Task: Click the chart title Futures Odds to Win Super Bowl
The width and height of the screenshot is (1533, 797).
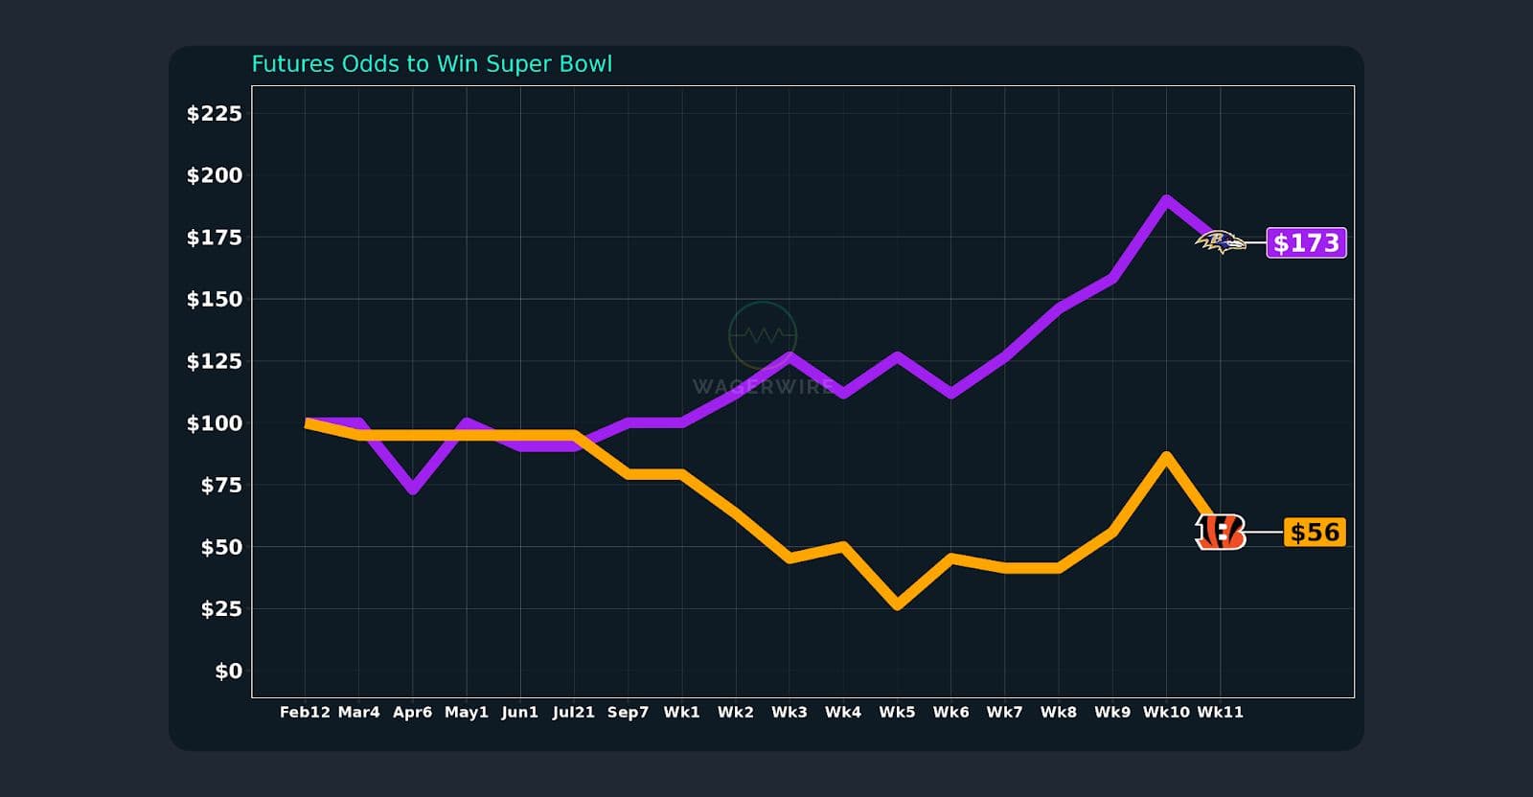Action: (431, 64)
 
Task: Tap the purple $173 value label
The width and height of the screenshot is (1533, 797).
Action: (1306, 242)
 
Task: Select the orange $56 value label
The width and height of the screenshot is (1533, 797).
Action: (1314, 532)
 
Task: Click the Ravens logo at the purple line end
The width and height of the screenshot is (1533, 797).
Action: (1220, 242)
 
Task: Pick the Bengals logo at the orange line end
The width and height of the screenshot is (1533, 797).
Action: (1220, 532)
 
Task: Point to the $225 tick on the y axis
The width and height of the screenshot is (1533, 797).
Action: (214, 114)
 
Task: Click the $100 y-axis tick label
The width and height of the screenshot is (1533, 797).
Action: (214, 423)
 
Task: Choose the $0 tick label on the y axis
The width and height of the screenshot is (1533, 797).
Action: (228, 672)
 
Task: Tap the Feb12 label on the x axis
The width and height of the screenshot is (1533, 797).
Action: (305, 713)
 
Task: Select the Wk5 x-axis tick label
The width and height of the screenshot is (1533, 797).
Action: (897, 713)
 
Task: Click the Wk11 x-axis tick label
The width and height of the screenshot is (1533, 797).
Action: (1220, 713)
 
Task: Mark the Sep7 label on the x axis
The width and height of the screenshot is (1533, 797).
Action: (628, 713)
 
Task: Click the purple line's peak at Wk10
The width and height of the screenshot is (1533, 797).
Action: (1166, 200)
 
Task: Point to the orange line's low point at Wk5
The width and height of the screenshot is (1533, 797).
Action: (897, 605)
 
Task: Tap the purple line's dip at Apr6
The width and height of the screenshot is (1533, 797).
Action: (412, 490)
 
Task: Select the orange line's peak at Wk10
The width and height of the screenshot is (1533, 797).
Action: (1166, 456)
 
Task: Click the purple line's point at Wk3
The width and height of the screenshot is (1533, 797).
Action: (789, 356)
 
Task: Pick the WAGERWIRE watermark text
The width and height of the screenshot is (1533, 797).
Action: (763, 387)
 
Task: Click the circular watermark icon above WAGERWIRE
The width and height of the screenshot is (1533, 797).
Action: (763, 335)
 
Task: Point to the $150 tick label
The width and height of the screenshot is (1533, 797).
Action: (214, 300)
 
